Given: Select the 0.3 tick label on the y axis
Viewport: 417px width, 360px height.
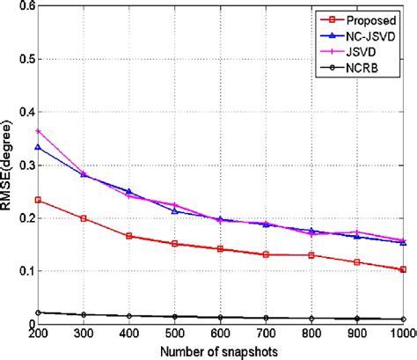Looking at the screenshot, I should point(21,165).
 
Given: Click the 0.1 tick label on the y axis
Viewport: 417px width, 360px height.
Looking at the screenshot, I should point(21,271).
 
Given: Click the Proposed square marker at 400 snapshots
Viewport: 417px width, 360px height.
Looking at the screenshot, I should point(129,236).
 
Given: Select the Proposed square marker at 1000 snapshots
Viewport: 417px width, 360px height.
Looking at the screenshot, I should point(403,269).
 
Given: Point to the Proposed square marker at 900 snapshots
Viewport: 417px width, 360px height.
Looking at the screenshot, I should point(357,262).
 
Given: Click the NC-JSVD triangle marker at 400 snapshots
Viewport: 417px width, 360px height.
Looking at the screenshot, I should point(129,192).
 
